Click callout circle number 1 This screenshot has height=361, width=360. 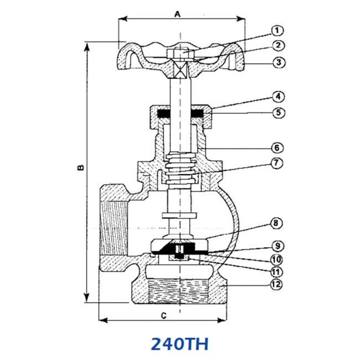coord(277,30)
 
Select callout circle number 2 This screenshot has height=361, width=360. coord(278,46)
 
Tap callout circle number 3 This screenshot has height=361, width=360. coord(278,62)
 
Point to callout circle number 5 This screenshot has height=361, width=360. coord(278,113)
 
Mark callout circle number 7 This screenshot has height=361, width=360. coord(276,163)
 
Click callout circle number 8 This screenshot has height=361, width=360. coord(276,223)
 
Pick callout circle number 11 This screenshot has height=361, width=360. coord(276,271)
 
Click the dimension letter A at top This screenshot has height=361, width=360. coord(177,14)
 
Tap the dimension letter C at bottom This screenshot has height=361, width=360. coord(163,316)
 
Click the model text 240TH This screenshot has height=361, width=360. coord(179,344)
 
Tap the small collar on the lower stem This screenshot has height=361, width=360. coord(179,216)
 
